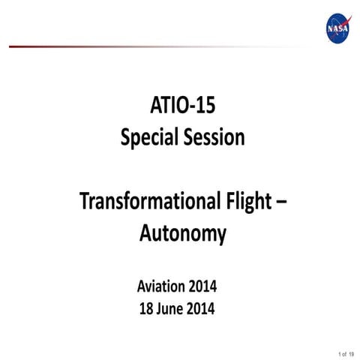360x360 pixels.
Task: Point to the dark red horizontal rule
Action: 112,46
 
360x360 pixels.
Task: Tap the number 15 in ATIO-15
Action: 206,108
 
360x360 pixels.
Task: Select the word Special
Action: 147,139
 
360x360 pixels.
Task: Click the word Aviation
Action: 160,286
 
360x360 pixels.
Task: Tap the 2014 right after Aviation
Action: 205,286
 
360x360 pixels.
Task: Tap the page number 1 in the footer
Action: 340,352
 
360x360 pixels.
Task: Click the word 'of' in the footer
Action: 346,352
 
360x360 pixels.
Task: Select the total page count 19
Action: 353,352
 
